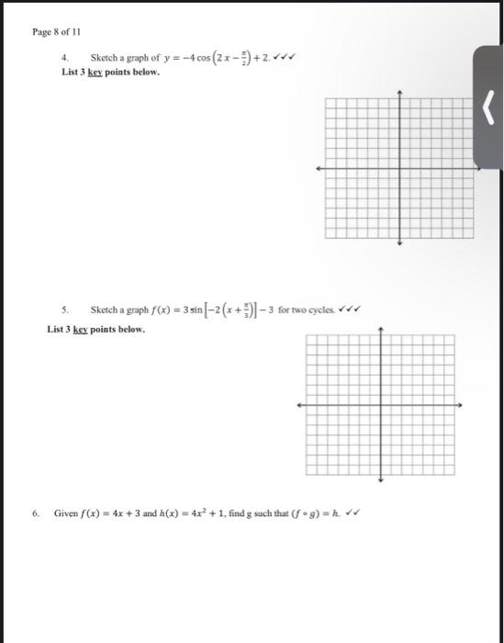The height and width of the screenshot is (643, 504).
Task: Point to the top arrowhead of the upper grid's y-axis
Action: click(x=400, y=93)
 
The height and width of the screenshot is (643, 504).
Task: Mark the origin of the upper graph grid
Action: click(x=400, y=169)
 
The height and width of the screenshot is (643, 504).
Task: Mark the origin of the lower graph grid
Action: click(x=380, y=405)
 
